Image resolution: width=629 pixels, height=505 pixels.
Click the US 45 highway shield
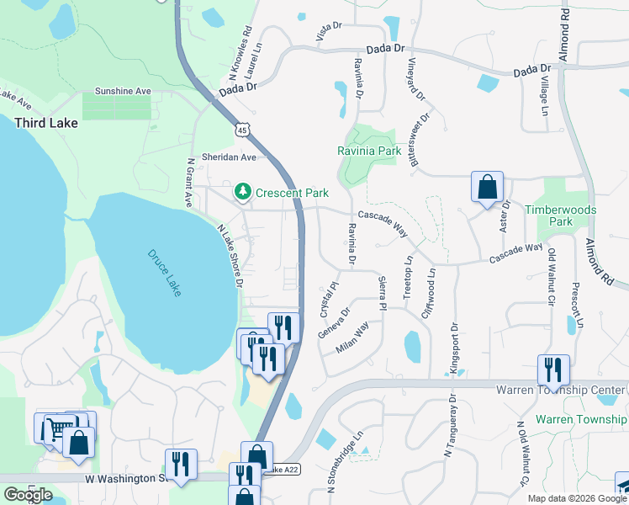pyautogui.click(x=242, y=130)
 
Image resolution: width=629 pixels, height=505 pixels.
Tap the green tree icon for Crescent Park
pyautogui.click(x=243, y=193)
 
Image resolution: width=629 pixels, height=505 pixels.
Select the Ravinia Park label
pyautogui.click(x=368, y=151)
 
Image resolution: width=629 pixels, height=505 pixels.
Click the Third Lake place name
pyautogui.click(x=46, y=123)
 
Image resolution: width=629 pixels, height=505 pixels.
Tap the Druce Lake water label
pyautogui.click(x=165, y=273)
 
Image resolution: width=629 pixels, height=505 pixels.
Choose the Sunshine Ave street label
pyautogui.click(x=123, y=91)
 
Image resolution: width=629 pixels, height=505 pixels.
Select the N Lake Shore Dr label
pyautogui.click(x=230, y=256)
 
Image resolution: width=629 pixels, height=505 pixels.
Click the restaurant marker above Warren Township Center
pyautogui.click(x=553, y=369)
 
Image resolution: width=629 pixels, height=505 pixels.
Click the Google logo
pyautogui.click(x=28, y=495)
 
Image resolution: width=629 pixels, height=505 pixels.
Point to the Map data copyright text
pyautogui.click(x=577, y=498)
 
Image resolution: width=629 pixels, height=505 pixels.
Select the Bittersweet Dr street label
pyautogui.click(x=418, y=135)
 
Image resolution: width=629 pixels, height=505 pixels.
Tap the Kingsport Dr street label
pyautogui.click(x=454, y=348)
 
